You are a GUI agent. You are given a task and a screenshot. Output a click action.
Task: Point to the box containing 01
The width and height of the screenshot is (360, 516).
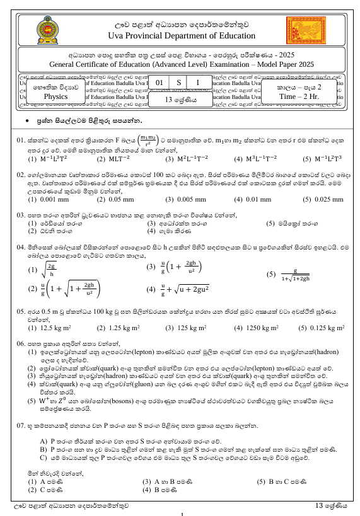pyautogui.click(x=160, y=83)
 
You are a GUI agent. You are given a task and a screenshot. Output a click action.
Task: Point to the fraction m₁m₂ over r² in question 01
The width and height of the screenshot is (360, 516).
pyautogui.click(x=149, y=139)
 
